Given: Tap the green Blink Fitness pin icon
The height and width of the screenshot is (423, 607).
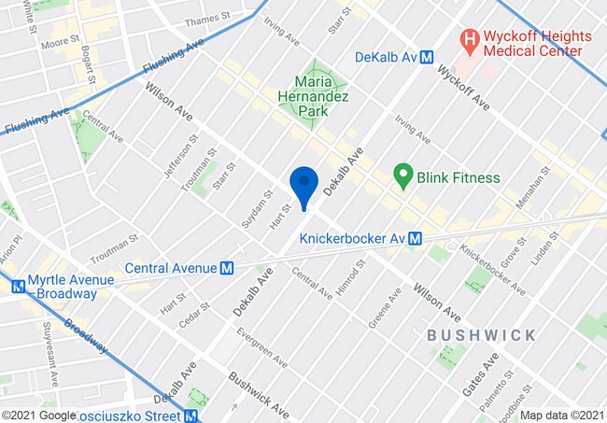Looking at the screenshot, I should pyautogui.click(x=403, y=175).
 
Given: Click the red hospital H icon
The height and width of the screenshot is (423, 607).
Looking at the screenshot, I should pyautogui.click(x=470, y=40).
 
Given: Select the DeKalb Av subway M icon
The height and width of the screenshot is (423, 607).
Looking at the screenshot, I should pyautogui.click(x=427, y=57).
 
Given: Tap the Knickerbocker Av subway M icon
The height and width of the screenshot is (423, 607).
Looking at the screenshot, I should pyautogui.click(x=415, y=239).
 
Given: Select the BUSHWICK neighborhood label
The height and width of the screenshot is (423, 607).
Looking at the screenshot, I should pyautogui.click(x=482, y=335).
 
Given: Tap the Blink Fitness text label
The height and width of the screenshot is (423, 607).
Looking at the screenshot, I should pyautogui.click(x=458, y=177).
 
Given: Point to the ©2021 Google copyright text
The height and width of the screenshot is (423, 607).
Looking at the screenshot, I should pyautogui.click(x=38, y=416).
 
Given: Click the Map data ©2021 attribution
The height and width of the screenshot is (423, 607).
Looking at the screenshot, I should pyautogui.click(x=562, y=416).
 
